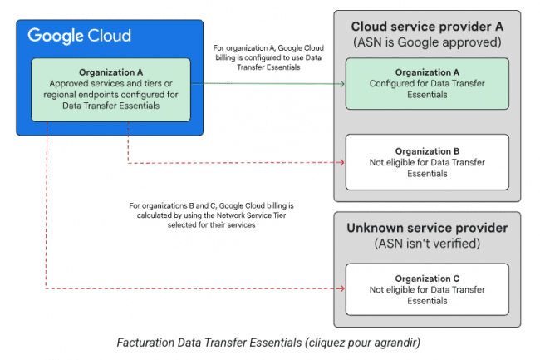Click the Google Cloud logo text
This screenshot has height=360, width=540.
[79, 36]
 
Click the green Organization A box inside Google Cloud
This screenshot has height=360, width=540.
[110, 90]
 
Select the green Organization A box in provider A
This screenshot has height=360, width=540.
[427, 84]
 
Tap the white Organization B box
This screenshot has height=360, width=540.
[427, 162]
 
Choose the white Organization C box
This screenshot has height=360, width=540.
[427, 289]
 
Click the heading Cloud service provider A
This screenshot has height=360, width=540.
[427, 27]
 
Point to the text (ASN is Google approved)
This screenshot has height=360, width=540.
[427, 42]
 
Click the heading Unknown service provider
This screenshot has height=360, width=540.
[427, 228]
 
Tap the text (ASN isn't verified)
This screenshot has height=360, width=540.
[427, 244]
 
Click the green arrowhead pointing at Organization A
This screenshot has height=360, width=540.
[342, 84]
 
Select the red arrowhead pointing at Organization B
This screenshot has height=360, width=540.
[341, 162]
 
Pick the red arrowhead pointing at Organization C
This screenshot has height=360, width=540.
[341, 288]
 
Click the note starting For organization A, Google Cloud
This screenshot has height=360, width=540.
[268, 57]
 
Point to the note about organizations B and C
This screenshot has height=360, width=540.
[212, 215]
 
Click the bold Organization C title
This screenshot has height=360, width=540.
[427, 279]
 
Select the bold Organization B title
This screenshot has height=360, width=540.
[427, 151]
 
